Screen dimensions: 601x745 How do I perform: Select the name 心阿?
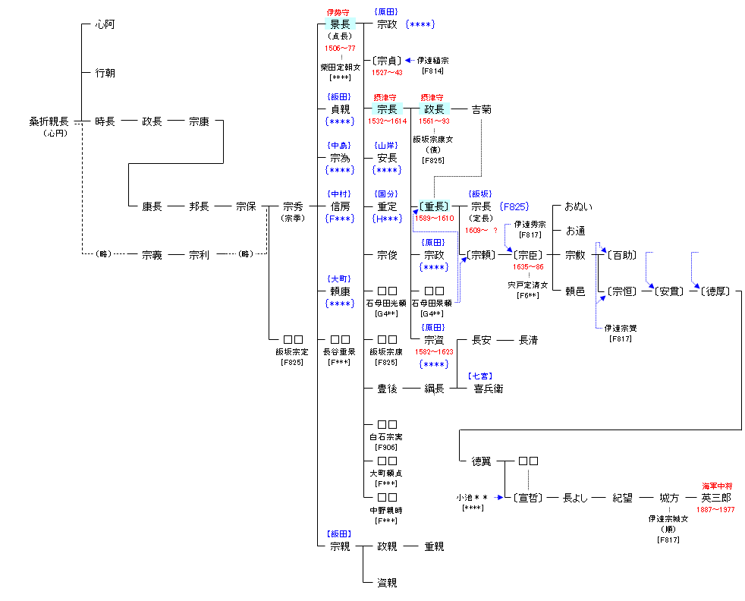pyautogui.click(x=105, y=24)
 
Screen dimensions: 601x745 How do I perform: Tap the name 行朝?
pyautogui.click(x=105, y=73)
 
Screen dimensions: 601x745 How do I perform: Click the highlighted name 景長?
pyautogui.click(x=340, y=24)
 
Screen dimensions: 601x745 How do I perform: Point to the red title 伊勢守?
pyautogui.click(x=340, y=12)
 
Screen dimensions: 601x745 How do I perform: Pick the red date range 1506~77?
pyautogui.click(x=340, y=48)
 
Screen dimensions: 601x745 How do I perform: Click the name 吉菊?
pyautogui.click(x=481, y=109)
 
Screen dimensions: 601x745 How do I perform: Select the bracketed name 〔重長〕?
pyautogui.click(x=433, y=206)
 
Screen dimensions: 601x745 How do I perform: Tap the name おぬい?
pyautogui.click(x=579, y=206)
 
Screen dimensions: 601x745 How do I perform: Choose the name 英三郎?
pyautogui.click(x=715, y=498)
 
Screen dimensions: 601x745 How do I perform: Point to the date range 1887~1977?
pyautogui.click(x=715, y=510)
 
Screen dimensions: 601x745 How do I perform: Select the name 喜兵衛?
pyautogui.click(x=488, y=389)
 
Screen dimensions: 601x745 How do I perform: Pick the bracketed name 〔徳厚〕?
pyautogui.click(x=715, y=291)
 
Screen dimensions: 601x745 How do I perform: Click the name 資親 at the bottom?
pyautogui.click(x=387, y=583)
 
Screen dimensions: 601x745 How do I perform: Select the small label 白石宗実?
pyautogui.click(x=387, y=436)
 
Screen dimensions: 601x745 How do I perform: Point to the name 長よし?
pyautogui.click(x=575, y=498)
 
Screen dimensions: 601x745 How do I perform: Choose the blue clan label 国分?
pyautogui.click(x=387, y=194)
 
